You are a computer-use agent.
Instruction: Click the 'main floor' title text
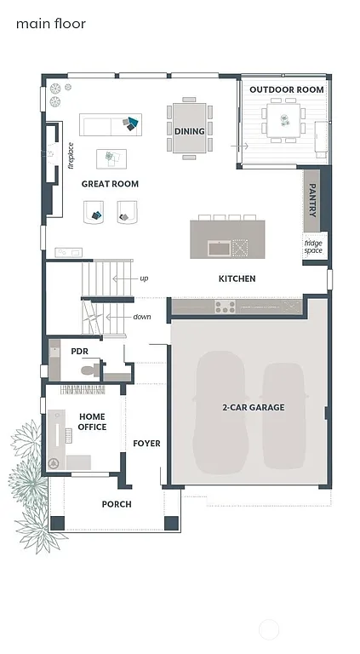point(51,24)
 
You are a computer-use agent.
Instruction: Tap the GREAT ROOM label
point(110,184)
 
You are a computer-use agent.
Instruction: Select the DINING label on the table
point(189,131)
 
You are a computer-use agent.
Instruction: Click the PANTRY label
point(313,200)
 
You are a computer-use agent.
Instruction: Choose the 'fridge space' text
point(313,246)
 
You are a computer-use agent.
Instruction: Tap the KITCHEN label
point(237,278)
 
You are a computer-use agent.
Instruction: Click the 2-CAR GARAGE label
point(254,407)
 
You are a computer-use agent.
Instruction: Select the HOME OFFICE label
point(93,421)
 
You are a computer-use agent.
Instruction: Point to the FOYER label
point(146,444)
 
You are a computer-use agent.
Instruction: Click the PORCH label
point(117,504)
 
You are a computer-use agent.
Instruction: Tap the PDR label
point(80,350)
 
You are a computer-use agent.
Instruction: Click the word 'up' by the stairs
point(144,278)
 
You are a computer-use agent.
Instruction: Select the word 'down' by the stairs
point(142,317)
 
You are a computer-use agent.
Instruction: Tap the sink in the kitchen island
point(219,249)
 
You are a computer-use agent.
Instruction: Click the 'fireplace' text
point(71,155)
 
